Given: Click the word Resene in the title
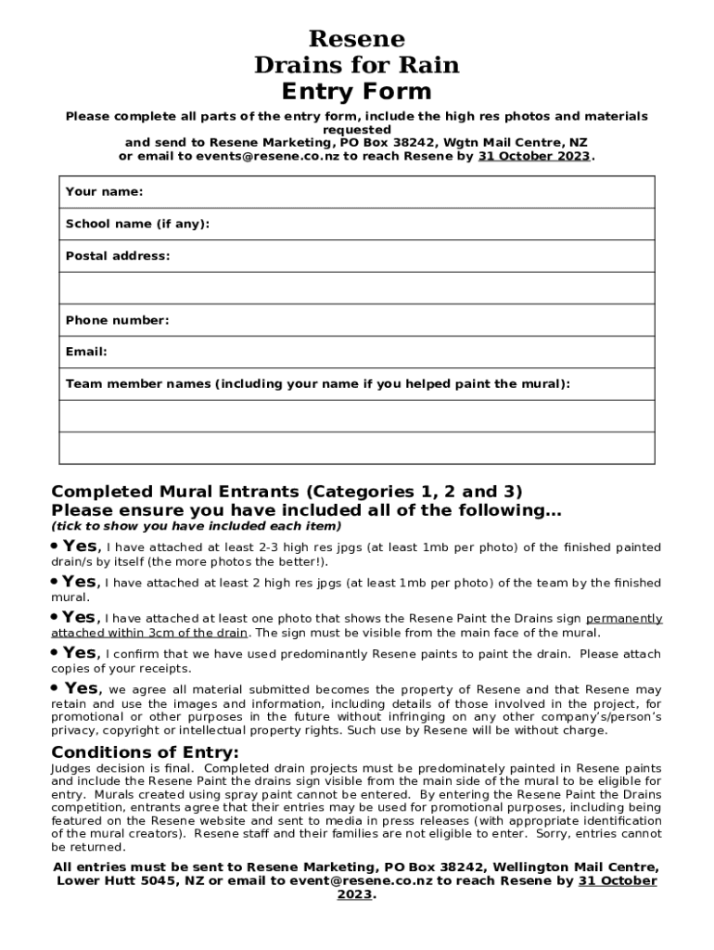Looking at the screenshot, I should click(356, 39).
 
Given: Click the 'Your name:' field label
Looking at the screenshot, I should click(104, 192).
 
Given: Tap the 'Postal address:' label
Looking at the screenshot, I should click(118, 256).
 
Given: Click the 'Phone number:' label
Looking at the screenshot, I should click(117, 320).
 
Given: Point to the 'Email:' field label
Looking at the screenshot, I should click(86, 352).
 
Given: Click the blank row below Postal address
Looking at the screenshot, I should click(356, 289).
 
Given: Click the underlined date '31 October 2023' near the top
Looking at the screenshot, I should click(533, 157).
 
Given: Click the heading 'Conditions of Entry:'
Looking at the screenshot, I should click(145, 751).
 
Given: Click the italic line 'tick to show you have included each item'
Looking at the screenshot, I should click(197, 526).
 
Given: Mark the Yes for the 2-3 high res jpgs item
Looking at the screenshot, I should click(79, 546).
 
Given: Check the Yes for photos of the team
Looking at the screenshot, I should click(79, 582).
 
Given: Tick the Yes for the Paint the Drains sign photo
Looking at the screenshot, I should click(79, 617).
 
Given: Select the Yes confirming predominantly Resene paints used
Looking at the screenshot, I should click(79, 653).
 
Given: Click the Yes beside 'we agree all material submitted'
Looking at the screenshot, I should click(81, 688).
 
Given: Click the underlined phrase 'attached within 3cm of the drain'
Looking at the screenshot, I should click(149, 633).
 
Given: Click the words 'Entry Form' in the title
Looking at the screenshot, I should click(356, 91).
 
